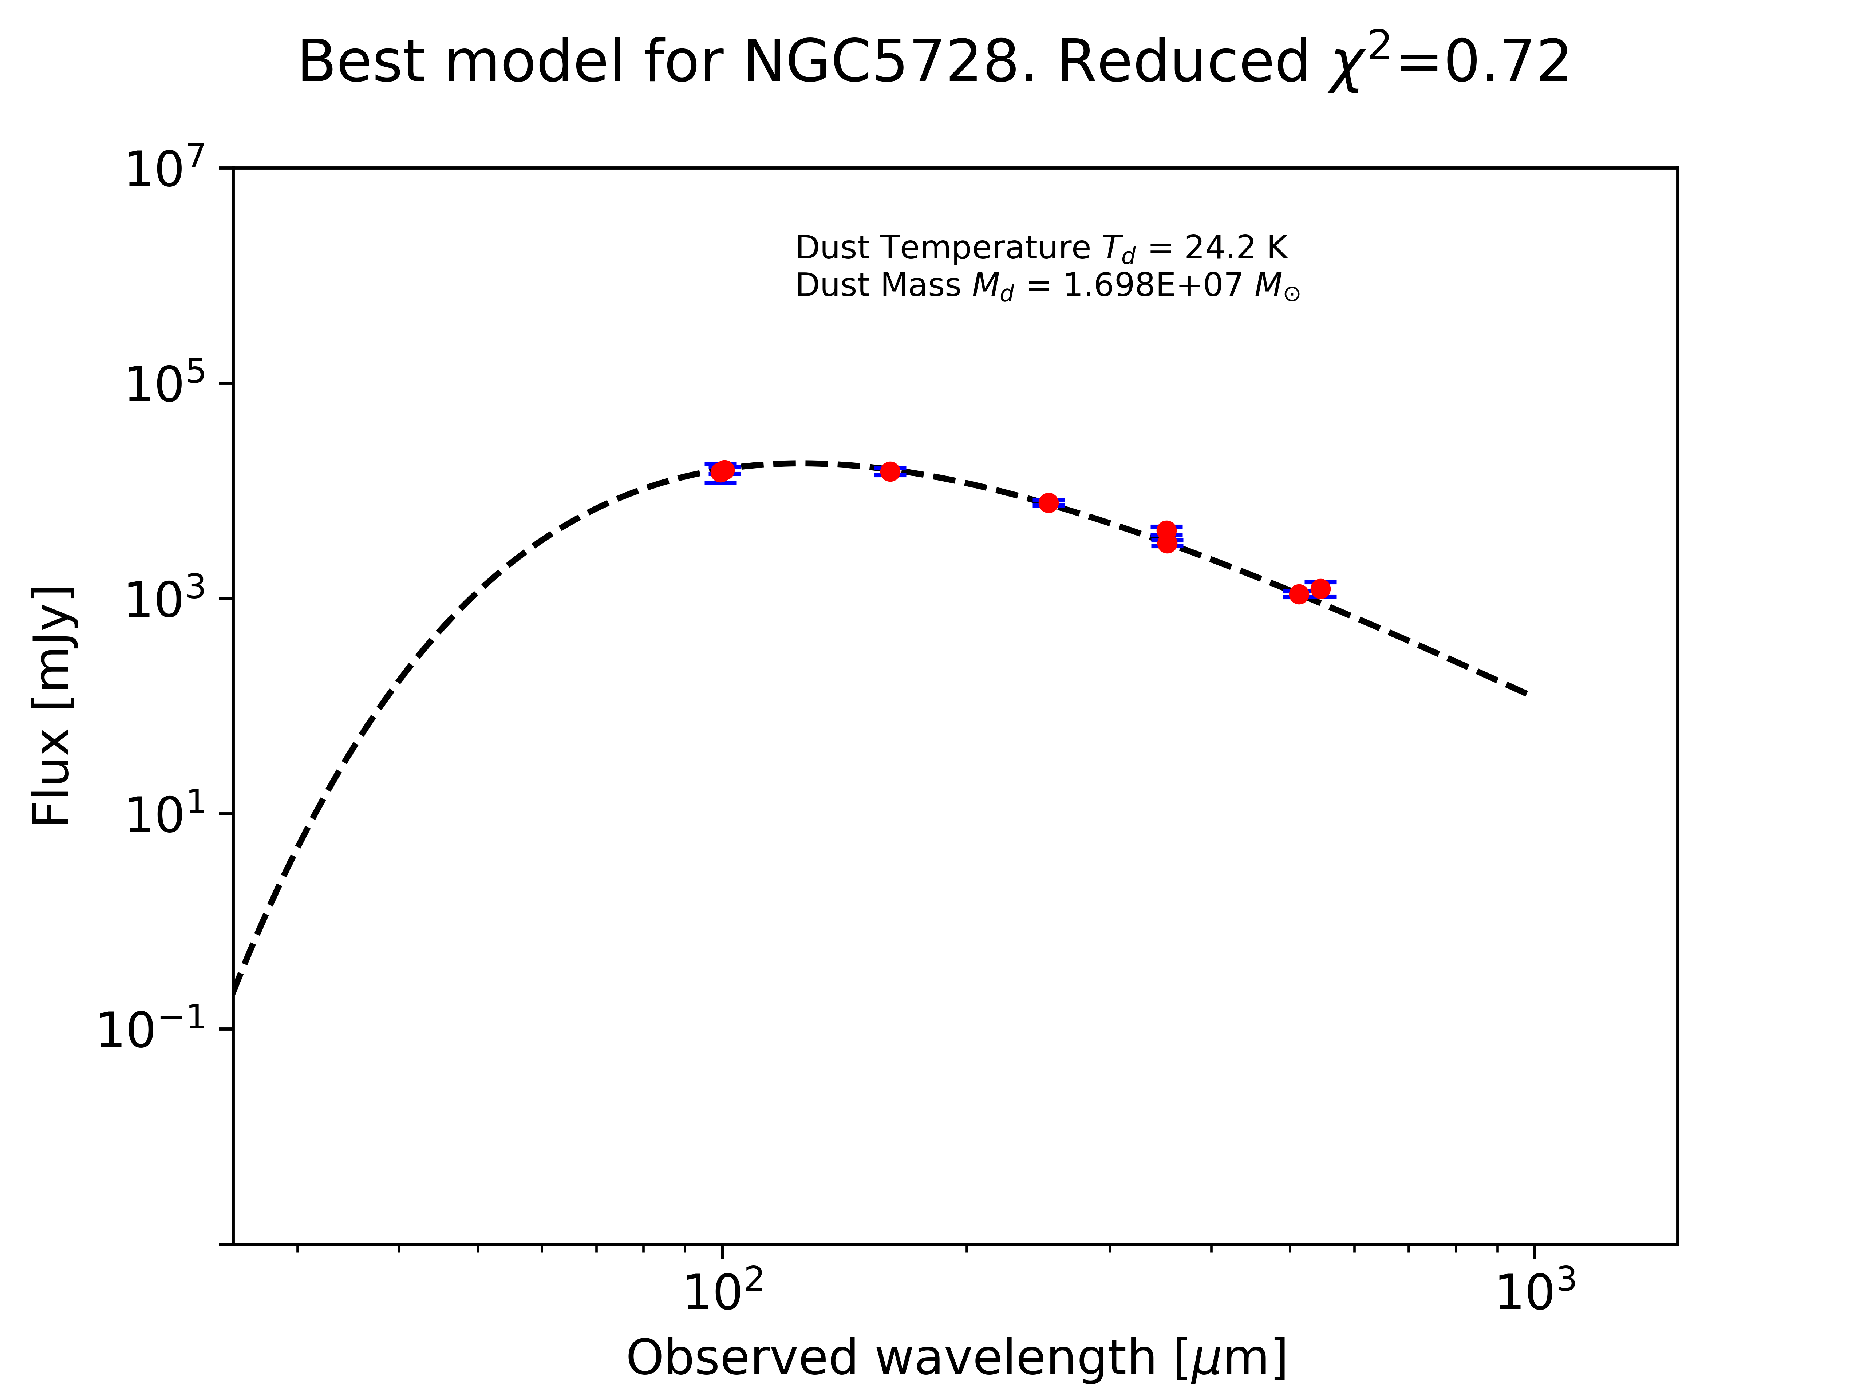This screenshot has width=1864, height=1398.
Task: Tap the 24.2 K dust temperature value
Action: tap(1236, 248)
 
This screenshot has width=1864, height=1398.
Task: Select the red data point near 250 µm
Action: tap(1048, 503)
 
